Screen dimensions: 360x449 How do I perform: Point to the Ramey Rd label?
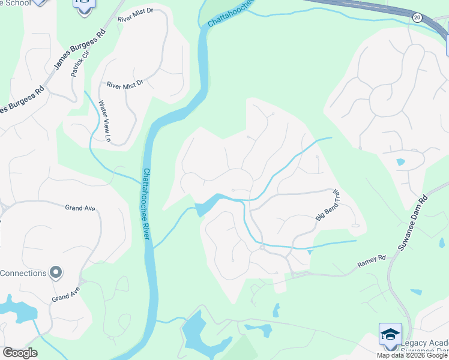(372, 259)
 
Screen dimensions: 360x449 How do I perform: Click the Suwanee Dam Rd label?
(412, 222)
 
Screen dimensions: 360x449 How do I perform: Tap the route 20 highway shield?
(417, 18)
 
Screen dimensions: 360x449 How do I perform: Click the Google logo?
(20, 353)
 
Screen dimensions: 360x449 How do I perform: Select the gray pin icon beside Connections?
(56, 273)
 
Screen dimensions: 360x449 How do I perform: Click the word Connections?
(23, 274)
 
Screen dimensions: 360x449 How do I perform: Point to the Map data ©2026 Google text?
(412, 355)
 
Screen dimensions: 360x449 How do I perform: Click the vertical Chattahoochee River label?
(146, 203)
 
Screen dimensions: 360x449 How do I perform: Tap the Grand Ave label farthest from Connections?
(80, 208)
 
